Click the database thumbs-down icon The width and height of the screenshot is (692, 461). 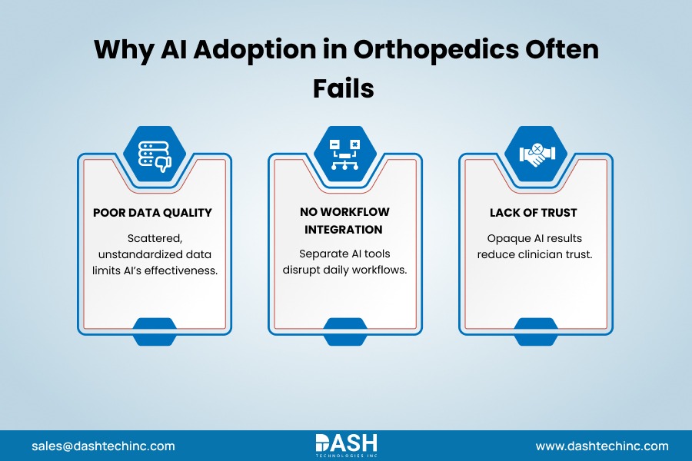[154, 153]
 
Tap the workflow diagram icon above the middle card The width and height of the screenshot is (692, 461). [345, 153]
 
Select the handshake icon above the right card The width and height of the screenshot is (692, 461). [535, 153]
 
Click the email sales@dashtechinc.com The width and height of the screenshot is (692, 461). [103, 446]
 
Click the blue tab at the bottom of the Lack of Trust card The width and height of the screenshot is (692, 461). [535, 331]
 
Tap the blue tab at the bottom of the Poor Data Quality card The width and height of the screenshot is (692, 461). [154, 331]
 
